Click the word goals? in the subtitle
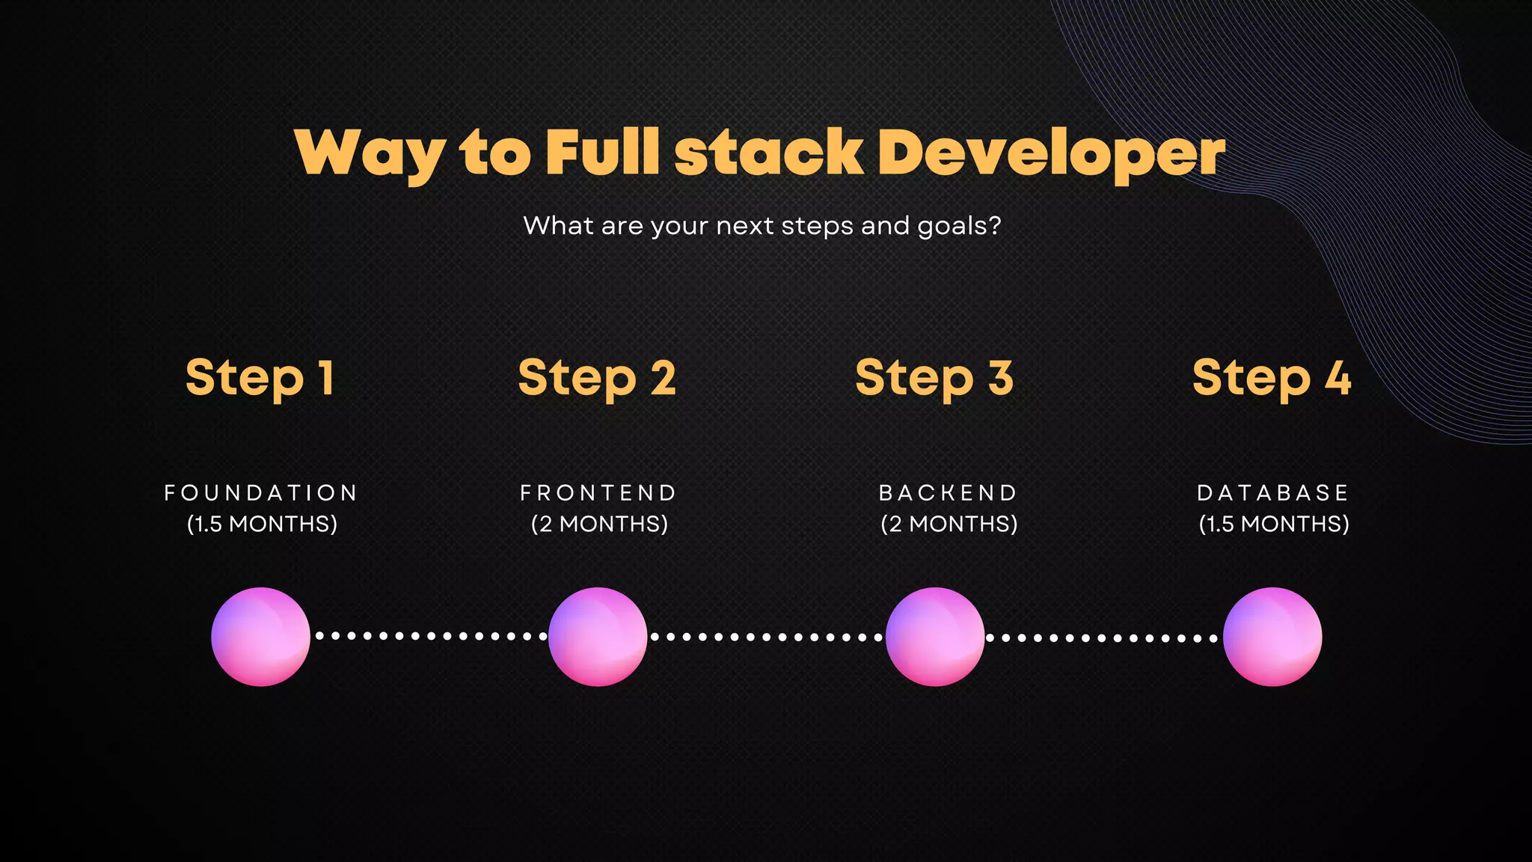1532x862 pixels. [959, 226]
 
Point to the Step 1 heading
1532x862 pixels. [260, 378]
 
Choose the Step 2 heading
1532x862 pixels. [597, 378]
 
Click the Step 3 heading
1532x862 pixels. [934, 378]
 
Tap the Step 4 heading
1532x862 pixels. [1272, 378]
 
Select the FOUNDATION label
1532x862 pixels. [261, 493]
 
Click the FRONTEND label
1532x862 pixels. [598, 493]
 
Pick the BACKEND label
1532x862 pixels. [949, 493]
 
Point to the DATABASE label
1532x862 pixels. [1273, 493]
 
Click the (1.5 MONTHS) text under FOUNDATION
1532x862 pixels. [262, 524]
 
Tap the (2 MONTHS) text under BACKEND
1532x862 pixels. [949, 524]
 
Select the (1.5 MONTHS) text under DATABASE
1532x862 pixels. [1274, 524]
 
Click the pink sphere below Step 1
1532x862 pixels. [260, 637]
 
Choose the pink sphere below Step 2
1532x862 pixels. [598, 637]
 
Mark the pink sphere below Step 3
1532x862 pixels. [935, 637]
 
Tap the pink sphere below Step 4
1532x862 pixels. [1272, 637]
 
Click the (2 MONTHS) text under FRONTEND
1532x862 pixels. [599, 524]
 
